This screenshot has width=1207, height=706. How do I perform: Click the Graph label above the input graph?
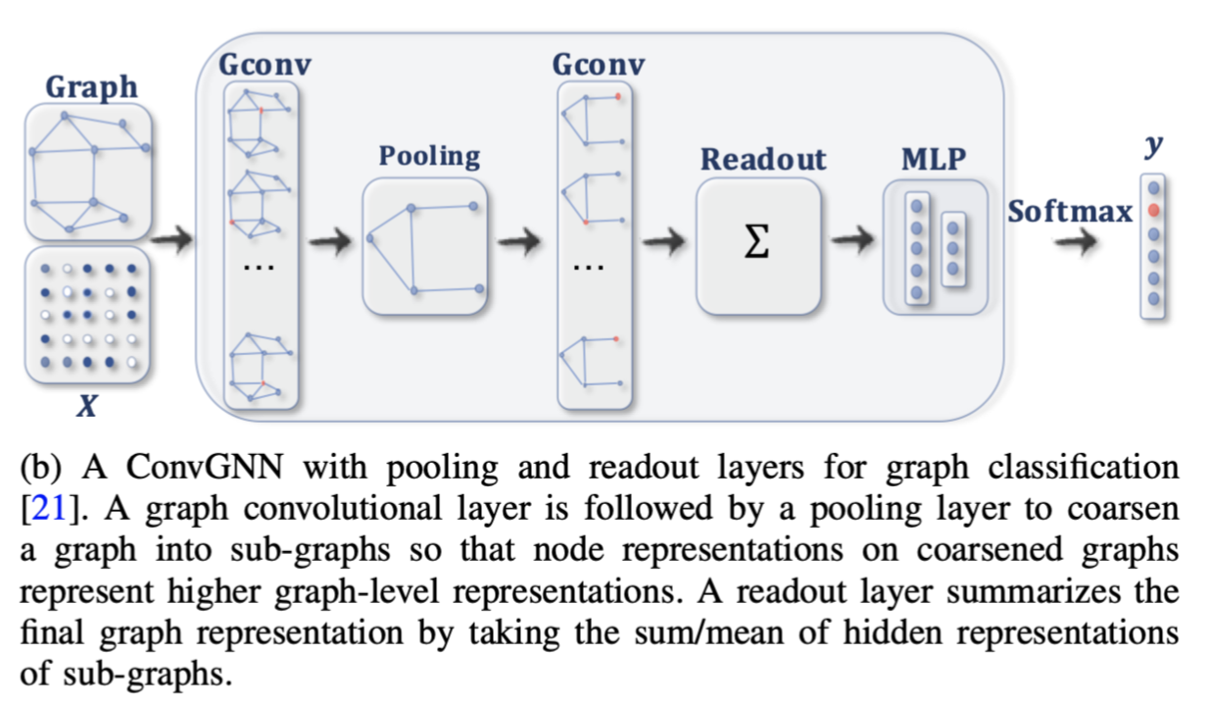tap(91, 86)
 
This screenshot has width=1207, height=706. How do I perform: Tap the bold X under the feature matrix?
tap(87, 403)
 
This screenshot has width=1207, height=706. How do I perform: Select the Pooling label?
tap(429, 156)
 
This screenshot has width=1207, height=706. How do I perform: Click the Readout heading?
tap(763, 159)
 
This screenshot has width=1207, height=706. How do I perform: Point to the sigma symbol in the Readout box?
tap(756, 244)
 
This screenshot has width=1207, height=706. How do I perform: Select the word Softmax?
tap(1069, 211)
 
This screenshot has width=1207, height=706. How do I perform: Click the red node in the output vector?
tap(1155, 210)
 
